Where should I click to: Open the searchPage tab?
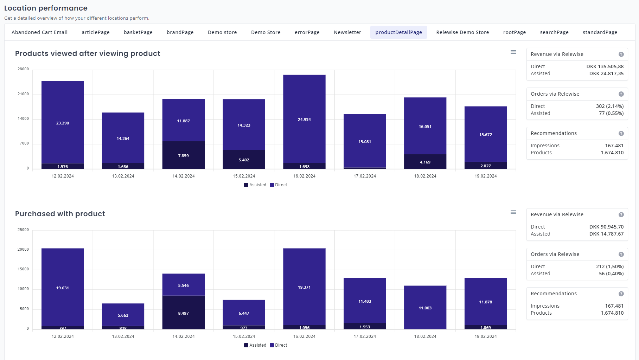[554, 32]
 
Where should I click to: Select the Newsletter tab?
[347, 32]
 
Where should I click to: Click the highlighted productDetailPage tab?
[398, 32]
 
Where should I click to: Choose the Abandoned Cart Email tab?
[39, 32]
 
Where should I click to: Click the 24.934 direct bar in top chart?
[304, 119]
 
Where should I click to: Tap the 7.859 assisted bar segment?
[183, 155]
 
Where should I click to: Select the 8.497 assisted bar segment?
[183, 313]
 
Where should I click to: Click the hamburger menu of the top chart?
[513, 52]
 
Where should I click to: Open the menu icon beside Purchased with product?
[513, 212]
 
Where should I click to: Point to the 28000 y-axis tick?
[23, 69]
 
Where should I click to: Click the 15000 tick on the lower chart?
[23, 269]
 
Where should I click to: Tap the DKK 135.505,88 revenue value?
[605, 66]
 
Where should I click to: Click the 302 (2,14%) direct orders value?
[609, 106]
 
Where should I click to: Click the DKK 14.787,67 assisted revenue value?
[606, 234]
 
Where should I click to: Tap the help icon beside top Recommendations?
[621, 134]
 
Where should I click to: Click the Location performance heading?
[46, 8]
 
